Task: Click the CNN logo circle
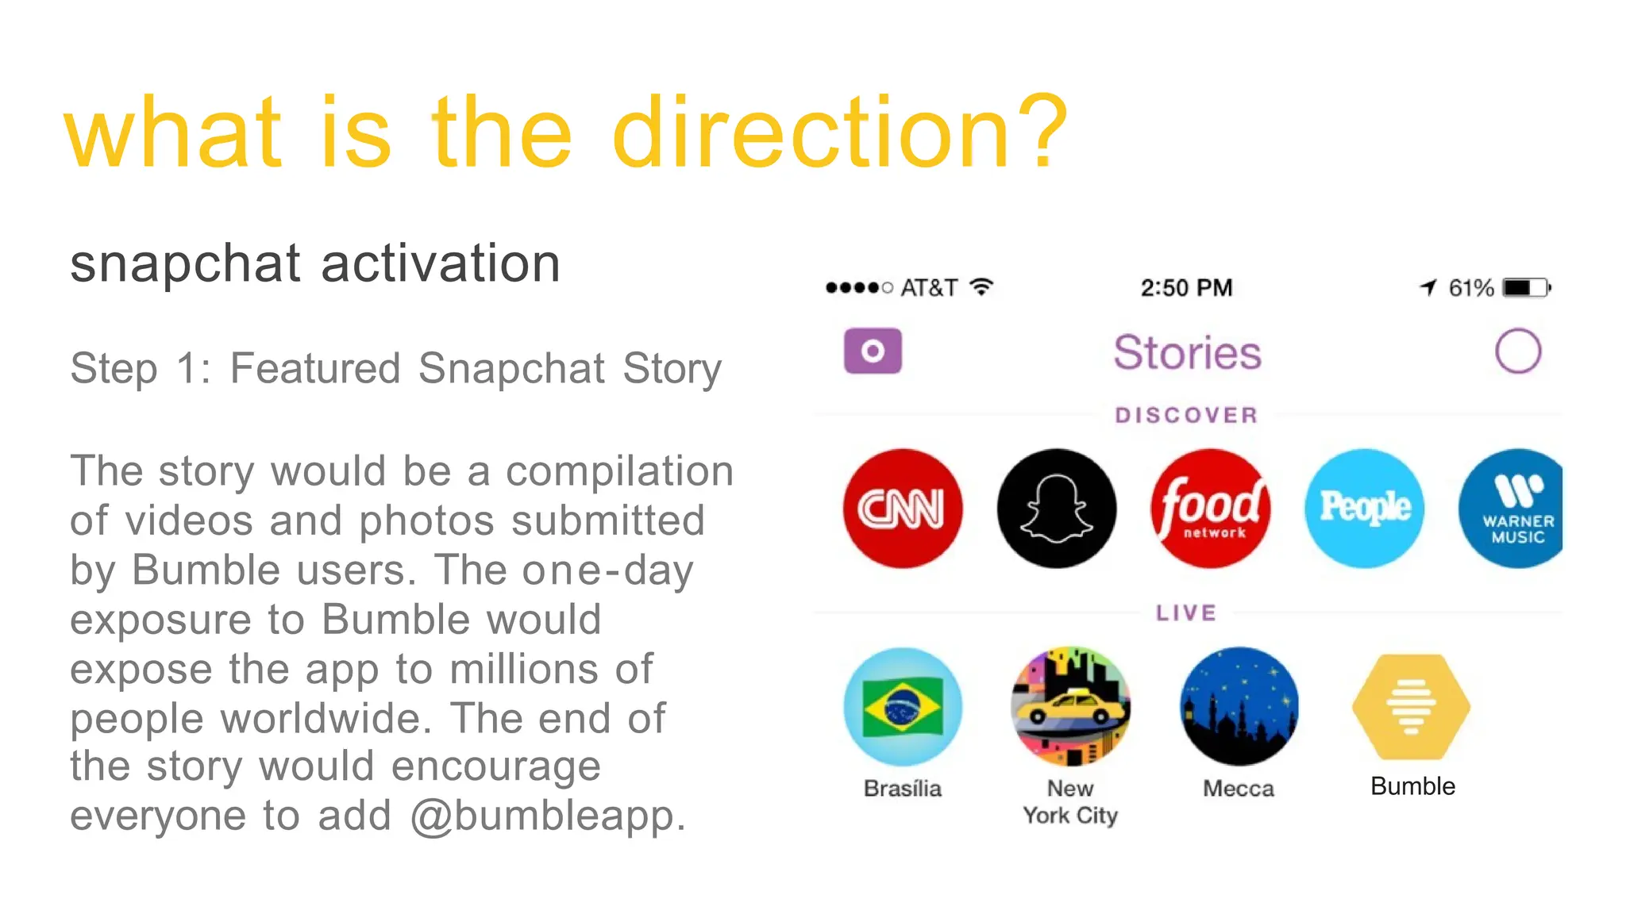[902, 508]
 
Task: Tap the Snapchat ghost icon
[1056, 508]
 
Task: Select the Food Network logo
[1210, 508]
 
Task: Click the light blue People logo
[1364, 508]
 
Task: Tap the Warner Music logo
[1512, 508]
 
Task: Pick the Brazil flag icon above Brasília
[903, 706]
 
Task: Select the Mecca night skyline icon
[1239, 706]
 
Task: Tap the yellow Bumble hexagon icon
[1411, 706]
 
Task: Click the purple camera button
[873, 351]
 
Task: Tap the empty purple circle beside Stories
[1517, 351]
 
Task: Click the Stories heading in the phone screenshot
[1187, 352]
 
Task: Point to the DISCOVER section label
[1186, 415]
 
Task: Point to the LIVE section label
[1186, 613]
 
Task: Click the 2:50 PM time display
[1186, 287]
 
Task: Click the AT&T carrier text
[929, 287]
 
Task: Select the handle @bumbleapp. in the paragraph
[548, 816]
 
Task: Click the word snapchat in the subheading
[185, 263]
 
